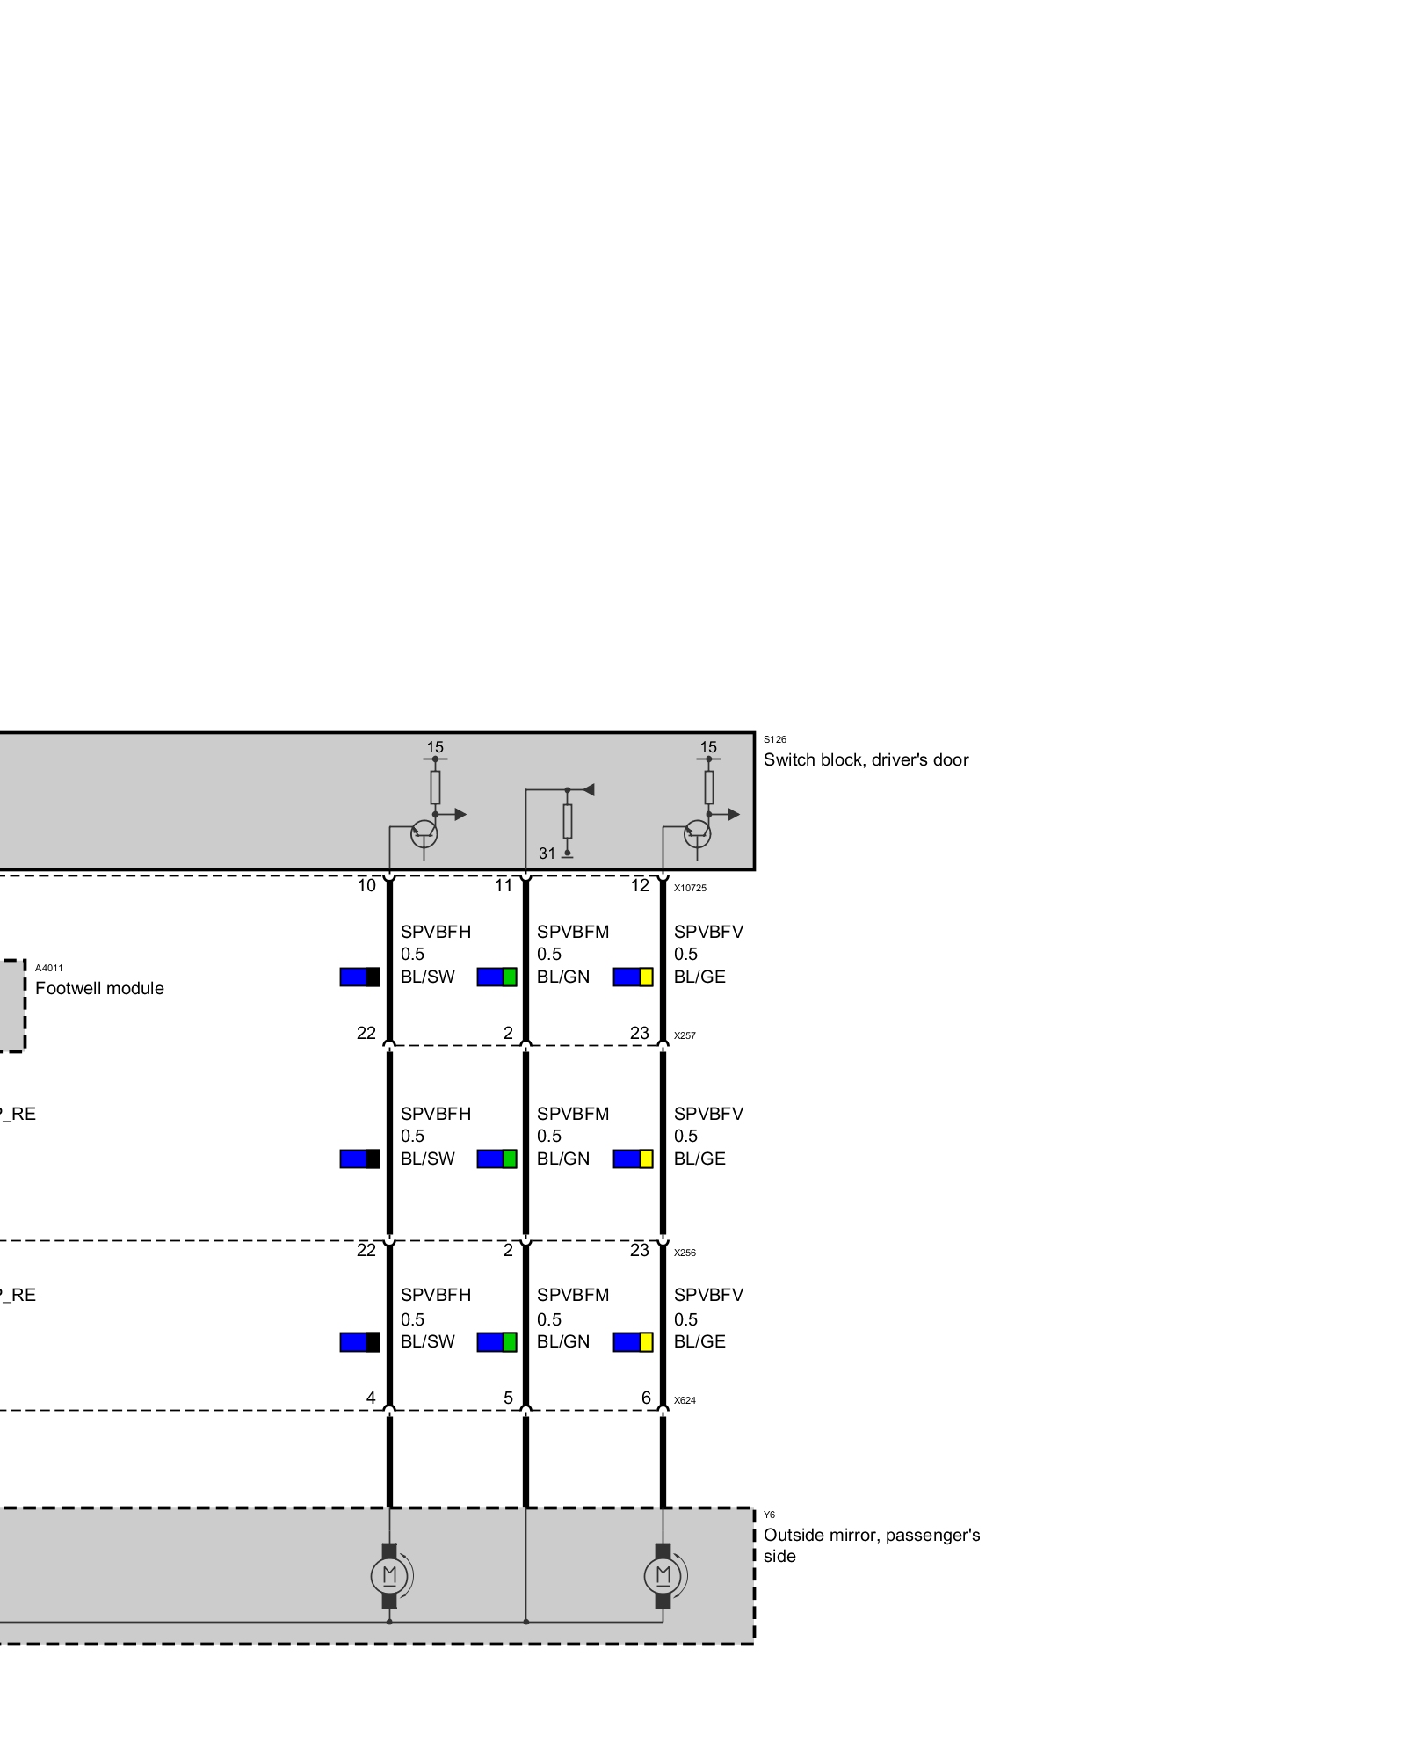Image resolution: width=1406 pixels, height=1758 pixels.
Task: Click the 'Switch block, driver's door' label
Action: pos(866,760)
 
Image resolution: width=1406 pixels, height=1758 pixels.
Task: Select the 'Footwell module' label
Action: pos(99,988)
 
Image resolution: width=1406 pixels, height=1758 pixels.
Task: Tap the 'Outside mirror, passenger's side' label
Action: pos(872,1545)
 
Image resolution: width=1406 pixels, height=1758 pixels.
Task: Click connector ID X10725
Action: pos(690,888)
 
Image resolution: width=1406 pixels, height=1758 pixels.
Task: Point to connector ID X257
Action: pos(685,1035)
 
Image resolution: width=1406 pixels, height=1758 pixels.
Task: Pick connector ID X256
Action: pos(685,1253)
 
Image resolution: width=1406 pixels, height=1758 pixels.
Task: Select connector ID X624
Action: pos(685,1400)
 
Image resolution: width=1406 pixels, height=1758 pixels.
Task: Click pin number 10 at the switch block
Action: pos(366,885)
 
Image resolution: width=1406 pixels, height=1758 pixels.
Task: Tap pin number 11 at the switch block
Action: pos(504,885)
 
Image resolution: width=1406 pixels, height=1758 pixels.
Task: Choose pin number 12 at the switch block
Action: pos(640,885)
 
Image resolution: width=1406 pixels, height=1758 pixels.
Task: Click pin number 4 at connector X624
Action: pos(371,1398)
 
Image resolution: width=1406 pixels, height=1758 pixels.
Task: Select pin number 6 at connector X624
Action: pos(646,1398)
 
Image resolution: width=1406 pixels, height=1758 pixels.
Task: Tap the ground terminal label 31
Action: pos(547,854)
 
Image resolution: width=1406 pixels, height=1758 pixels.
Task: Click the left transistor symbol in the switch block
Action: pos(424,832)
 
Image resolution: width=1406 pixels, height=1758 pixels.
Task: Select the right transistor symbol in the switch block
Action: pos(698,832)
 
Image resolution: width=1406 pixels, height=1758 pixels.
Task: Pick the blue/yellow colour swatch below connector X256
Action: pos(633,1342)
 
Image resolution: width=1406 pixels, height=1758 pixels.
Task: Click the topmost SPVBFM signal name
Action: pos(573,932)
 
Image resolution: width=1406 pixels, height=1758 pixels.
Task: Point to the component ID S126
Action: pos(775,739)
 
